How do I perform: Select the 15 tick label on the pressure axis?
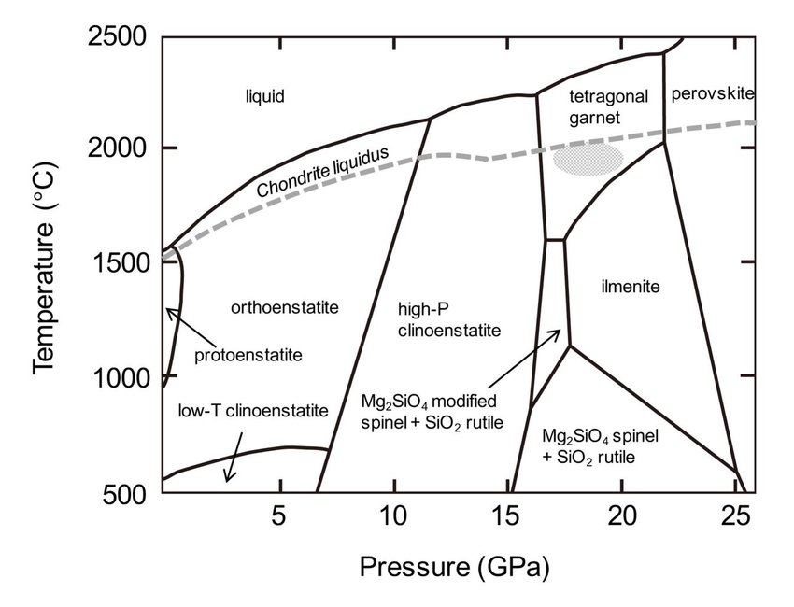(506, 515)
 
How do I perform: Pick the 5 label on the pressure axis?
(277, 515)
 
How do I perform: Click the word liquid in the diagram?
(263, 96)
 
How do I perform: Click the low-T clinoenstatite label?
(253, 411)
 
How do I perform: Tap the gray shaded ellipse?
(586, 158)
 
